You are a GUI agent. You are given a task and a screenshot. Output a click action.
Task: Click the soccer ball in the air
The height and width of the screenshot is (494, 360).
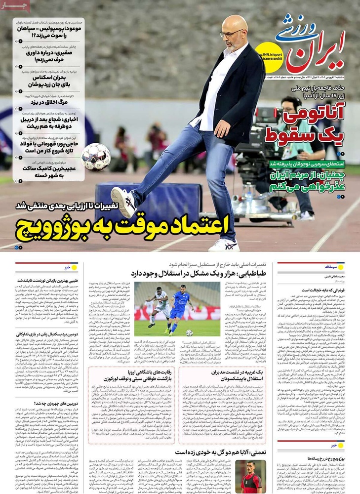[x=96, y=157]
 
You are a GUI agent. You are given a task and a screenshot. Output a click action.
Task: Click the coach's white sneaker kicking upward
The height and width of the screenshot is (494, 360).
[x=124, y=202]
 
